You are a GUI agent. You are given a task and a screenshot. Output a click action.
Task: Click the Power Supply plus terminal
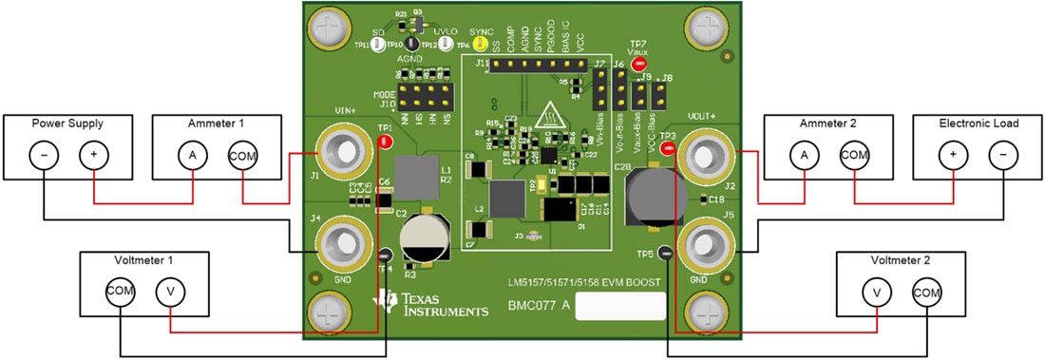93,154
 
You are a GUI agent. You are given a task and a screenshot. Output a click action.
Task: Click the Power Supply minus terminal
44,154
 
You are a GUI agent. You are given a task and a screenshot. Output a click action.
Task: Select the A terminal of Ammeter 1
193,154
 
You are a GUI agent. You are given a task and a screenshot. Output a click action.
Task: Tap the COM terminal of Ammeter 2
853,154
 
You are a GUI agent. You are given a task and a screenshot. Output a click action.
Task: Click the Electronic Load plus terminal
953,154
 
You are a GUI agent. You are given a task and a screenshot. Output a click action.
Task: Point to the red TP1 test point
385,142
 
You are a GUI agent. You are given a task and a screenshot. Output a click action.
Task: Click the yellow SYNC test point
482,44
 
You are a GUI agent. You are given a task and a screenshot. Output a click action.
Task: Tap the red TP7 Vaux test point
638,63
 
